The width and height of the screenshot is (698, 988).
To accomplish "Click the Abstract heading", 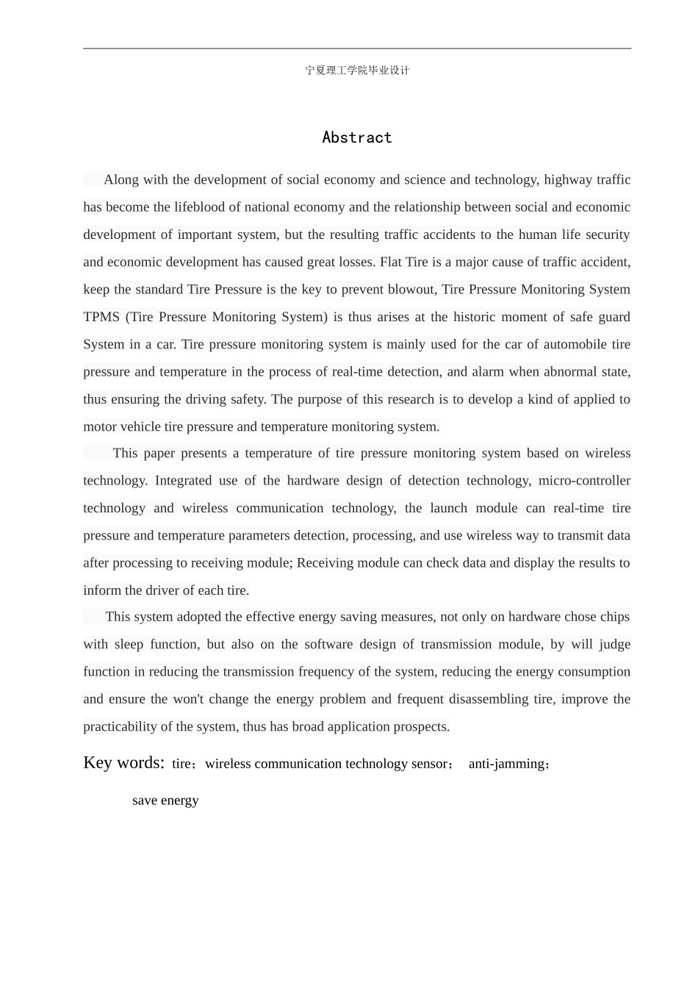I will tap(357, 137).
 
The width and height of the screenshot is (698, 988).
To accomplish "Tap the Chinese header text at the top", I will tap(357, 71).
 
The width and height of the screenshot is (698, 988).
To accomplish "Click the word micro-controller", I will tap(584, 481).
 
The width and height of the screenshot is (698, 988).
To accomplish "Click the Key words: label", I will tap(124, 762).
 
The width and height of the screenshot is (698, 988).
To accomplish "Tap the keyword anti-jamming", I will tap(506, 764).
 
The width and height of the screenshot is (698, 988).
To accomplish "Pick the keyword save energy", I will tap(165, 801).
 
